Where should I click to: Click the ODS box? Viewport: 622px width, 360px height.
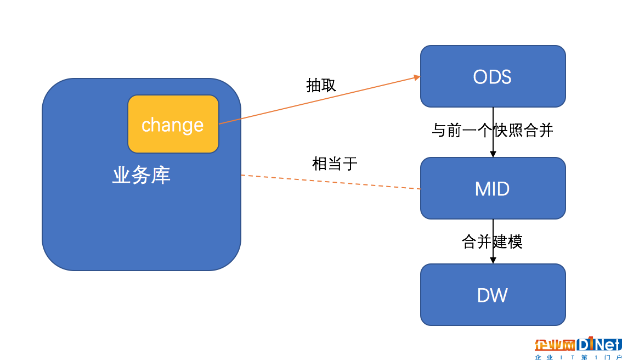click(x=493, y=76)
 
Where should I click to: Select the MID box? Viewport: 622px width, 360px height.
click(x=493, y=188)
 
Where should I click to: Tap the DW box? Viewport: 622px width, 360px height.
click(x=493, y=295)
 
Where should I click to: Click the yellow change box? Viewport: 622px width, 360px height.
click(x=173, y=124)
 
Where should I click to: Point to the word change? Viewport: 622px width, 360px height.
click(x=173, y=126)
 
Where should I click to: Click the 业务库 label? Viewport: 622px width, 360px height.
click(x=141, y=175)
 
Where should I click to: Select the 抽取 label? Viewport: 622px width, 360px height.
click(x=321, y=86)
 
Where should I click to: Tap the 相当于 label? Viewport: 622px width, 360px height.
click(x=335, y=164)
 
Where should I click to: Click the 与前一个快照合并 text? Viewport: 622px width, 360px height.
click(x=493, y=130)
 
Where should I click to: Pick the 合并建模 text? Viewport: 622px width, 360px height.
click(x=493, y=241)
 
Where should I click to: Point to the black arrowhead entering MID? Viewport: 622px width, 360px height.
click(x=493, y=154)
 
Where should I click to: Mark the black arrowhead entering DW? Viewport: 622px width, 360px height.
click(x=493, y=260)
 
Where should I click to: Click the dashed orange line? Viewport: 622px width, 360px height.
click(x=331, y=182)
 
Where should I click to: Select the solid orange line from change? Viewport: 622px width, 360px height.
click(x=319, y=100)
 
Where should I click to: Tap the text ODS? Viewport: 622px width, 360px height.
click(x=493, y=77)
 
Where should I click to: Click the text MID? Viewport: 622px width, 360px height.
click(x=493, y=189)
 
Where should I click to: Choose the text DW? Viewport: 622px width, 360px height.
click(x=493, y=295)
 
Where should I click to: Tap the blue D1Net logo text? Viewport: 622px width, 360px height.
click(x=599, y=344)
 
